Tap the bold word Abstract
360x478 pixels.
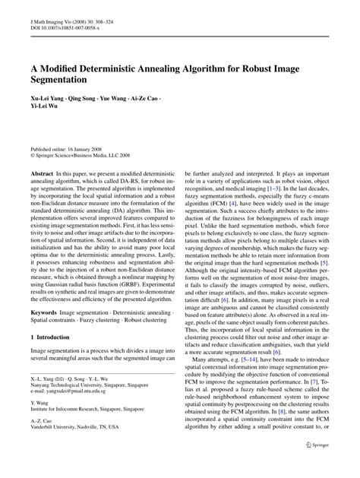click(x=42, y=195)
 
